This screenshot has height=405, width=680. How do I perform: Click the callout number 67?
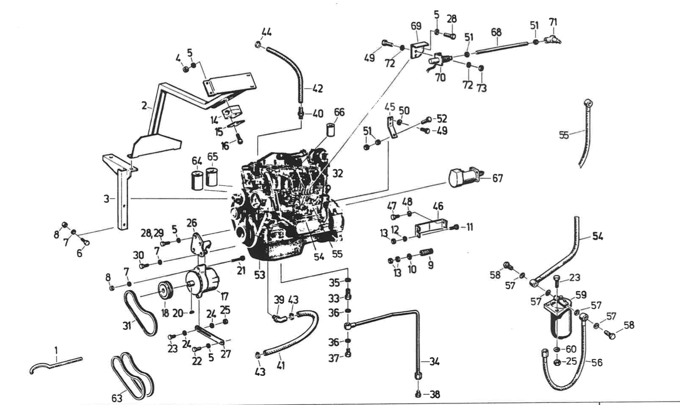(x=497, y=179)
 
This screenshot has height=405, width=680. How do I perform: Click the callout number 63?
(x=117, y=398)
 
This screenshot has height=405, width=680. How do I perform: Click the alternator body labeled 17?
(x=203, y=280)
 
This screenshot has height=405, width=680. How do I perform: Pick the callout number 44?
(x=267, y=32)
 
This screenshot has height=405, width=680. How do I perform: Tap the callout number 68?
(x=496, y=32)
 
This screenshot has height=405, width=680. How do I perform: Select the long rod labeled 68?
(x=502, y=47)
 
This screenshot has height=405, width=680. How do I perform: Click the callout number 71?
(x=553, y=22)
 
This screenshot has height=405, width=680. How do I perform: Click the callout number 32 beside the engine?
(x=338, y=173)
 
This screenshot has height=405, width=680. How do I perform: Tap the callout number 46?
(x=438, y=206)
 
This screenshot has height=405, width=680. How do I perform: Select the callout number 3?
(x=107, y=199)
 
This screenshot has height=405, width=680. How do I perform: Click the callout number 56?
(x=597, y=363)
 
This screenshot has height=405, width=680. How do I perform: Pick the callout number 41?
(x=281, y=365)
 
